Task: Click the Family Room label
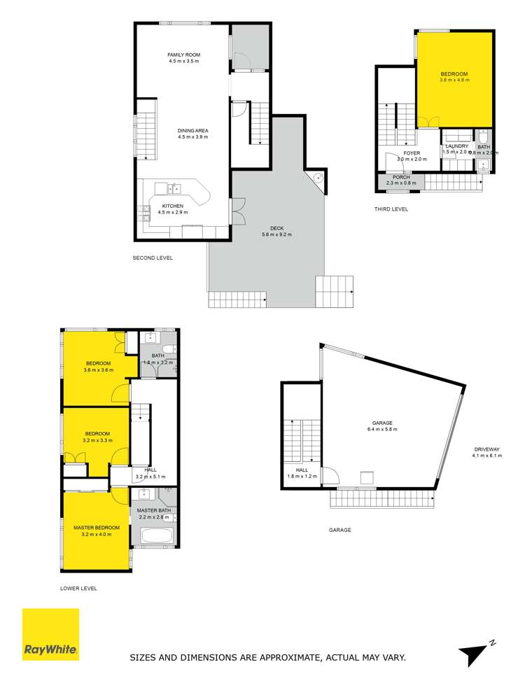click(183, 55)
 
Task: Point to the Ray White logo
click(50, 634)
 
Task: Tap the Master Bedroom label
click(97, 527)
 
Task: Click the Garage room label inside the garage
click(381, 423)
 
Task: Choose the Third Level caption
click(391, 209)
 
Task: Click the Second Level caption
click(153, 258)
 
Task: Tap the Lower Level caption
click(79, 589)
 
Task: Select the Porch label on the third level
click(401, 177)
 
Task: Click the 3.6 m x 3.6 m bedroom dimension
click(99, 370)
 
